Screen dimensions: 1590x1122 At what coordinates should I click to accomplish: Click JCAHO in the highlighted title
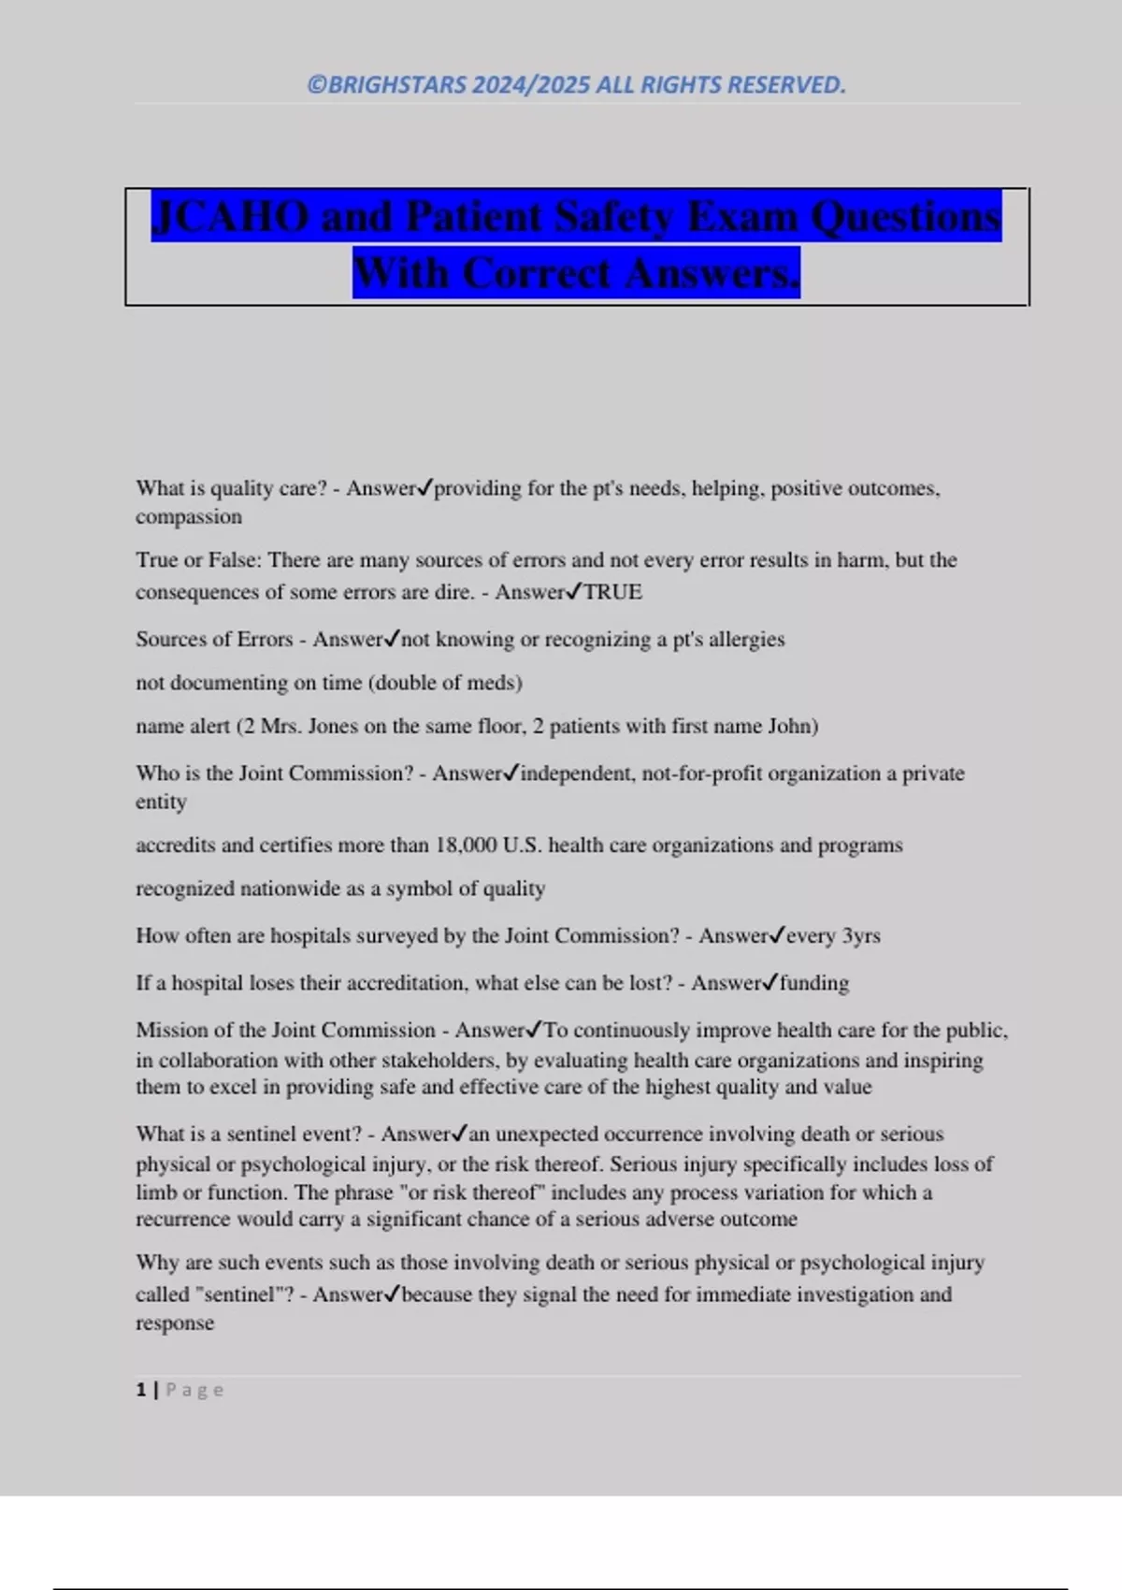point(229,217)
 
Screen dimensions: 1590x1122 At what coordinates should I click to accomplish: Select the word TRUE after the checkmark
point(612,592)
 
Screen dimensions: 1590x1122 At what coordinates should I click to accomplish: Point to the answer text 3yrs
point(861,936)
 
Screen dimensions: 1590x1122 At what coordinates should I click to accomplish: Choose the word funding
point(814,983)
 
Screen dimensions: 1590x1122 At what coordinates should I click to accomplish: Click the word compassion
point(189,517)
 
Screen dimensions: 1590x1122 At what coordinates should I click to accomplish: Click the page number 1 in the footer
point(141,1391)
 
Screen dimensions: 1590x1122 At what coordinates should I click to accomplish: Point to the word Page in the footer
point(194,1391)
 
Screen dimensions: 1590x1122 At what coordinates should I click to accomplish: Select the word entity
point(161,802)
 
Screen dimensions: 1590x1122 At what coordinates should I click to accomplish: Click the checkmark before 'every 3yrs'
point(778,935)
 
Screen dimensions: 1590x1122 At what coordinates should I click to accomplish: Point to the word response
point(175,1323)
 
